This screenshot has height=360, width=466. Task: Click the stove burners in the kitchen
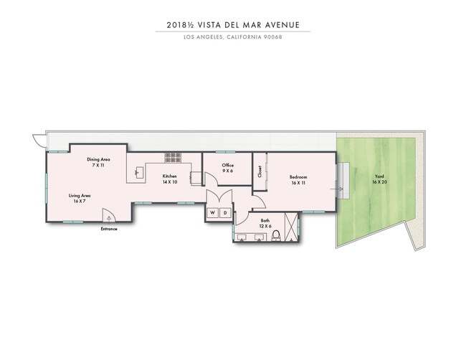(173, 157)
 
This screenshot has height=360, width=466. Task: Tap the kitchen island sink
(138, 172)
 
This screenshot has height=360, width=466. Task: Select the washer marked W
(213, 213)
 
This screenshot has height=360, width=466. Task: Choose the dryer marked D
(224, 213)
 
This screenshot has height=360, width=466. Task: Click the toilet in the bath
(276, 236)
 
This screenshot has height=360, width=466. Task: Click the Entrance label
(109, 229)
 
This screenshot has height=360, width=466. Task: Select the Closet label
(260, 172)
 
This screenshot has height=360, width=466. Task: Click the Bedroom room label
(298, 176)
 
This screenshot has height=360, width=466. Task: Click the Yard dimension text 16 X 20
(379, 182)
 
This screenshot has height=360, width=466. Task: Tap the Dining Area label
(98, 159)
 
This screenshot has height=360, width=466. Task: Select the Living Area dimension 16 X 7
(79, 201)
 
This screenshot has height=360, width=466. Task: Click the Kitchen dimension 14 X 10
(169, 181)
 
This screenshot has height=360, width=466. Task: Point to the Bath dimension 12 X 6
(265, 226)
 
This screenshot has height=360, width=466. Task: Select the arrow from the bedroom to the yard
(340, 189)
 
